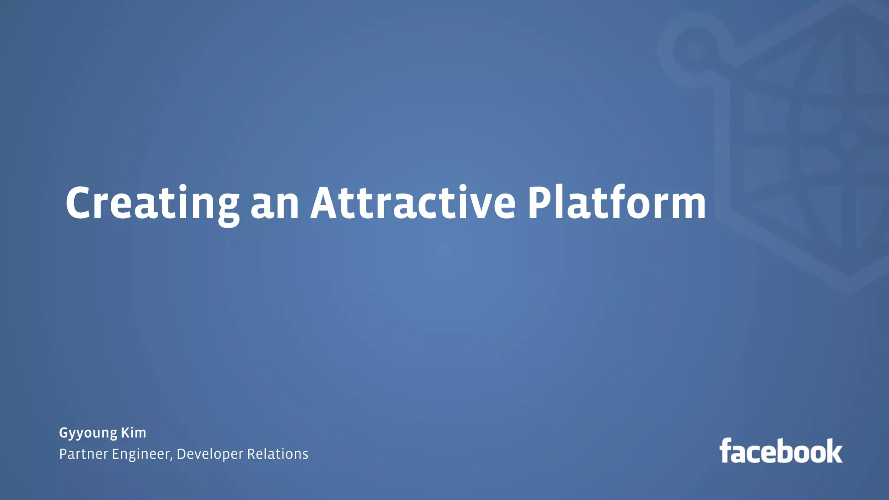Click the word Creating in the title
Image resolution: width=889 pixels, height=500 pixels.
tap(152, 203)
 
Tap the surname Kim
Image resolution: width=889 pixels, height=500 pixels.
tap(133, 432)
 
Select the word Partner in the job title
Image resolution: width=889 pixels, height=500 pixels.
tap(83, 454)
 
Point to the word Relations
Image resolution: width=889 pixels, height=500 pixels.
tap(278, 454)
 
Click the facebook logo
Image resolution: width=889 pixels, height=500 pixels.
tap(781, 451)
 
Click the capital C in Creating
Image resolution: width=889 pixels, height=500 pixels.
tap(80, 203)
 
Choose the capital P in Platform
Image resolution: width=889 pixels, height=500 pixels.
tap(540, 203)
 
